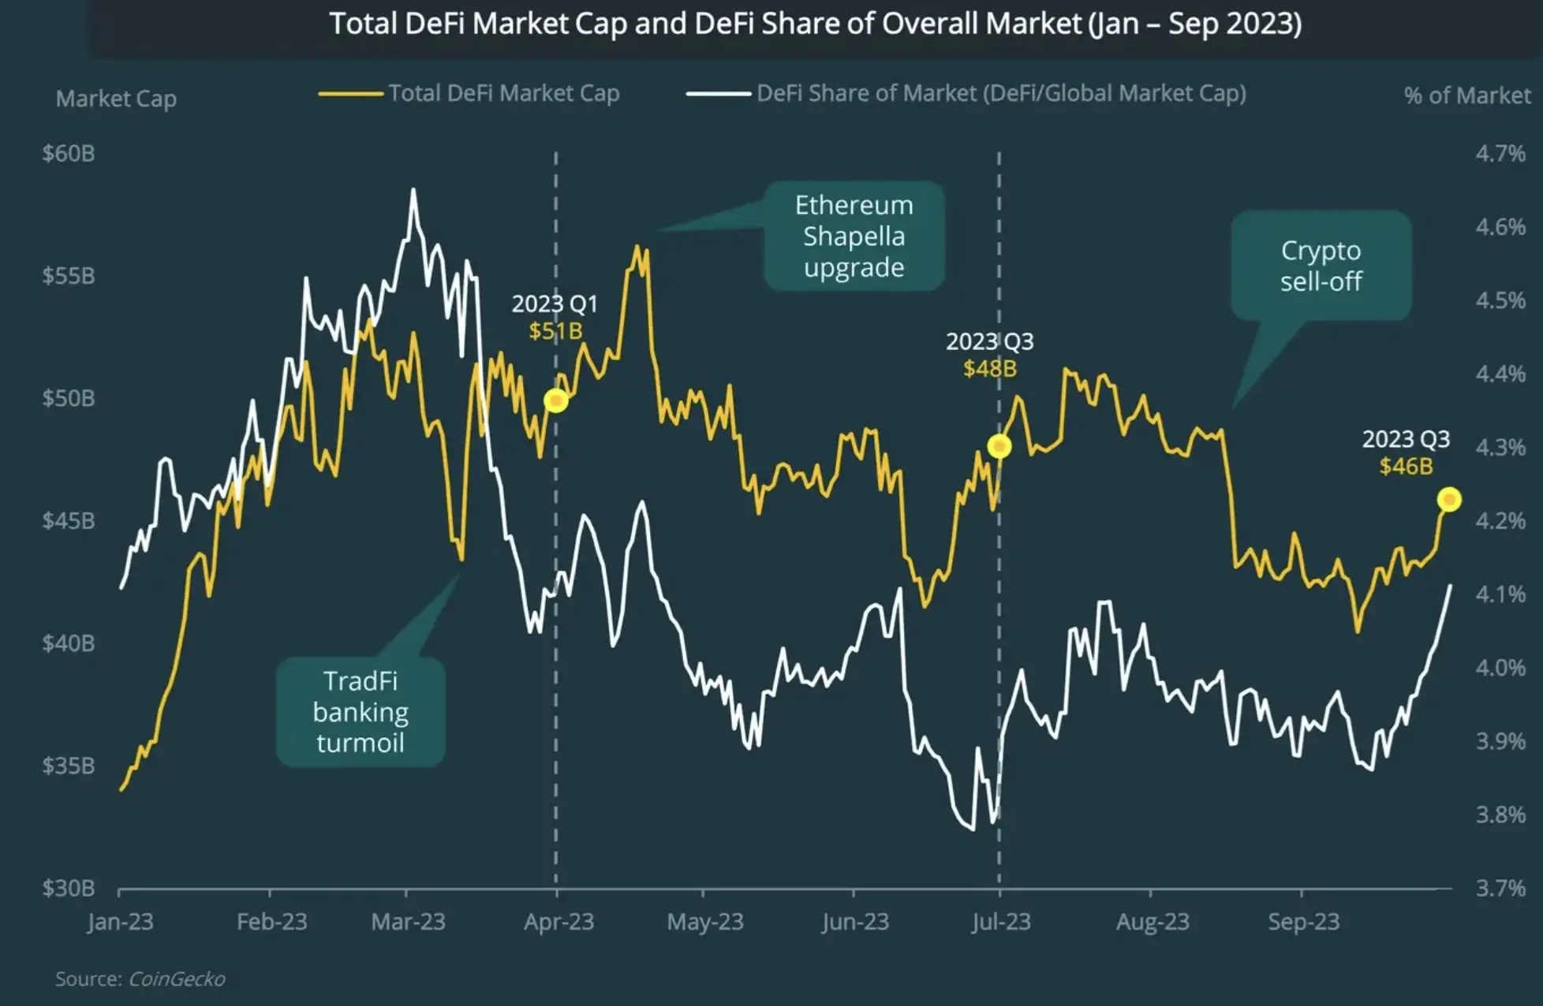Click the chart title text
[815, 24]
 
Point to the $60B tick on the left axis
[69, 153]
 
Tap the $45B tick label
[69, 520]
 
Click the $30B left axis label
[69, 889]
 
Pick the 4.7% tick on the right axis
[1500, 153]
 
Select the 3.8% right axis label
[1500, 814]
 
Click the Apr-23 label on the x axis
[559, 922]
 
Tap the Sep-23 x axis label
[1303, 922]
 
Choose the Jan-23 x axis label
[121, 922]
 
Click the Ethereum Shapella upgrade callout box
[854, 236]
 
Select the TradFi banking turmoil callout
[361, 712]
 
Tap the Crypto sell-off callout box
[1321, 265]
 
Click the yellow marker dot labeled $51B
[556, 401]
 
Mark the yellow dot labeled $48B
[999, 446]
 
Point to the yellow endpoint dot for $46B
[1449, 499]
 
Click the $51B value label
[555, 331]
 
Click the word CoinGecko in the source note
[177, 979]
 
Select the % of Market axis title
[1466, 96]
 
